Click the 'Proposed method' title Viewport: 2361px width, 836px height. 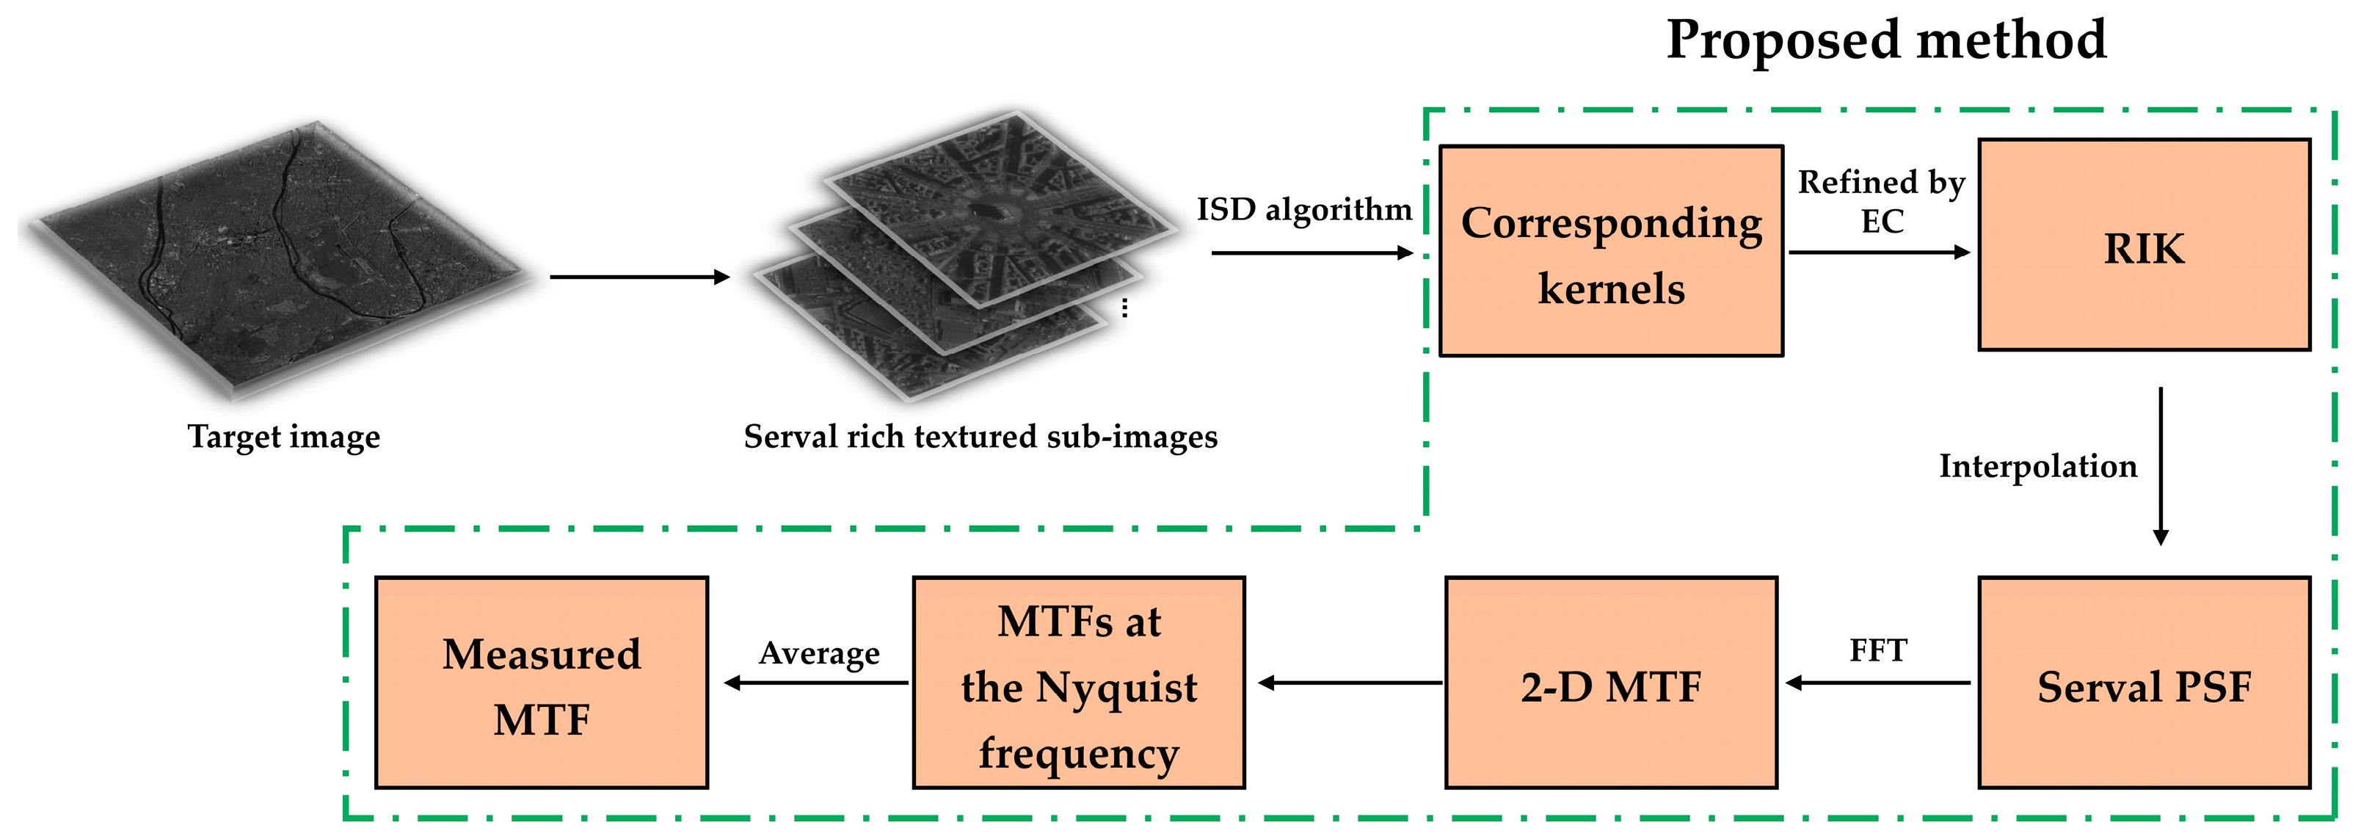pos(1885,40)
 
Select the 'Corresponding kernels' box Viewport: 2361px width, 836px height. pos(1610,251)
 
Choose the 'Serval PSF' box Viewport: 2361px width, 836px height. pos(2143,683)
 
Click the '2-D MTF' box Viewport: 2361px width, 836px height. pos(1610,683)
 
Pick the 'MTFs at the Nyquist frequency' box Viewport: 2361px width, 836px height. pos(1078,683)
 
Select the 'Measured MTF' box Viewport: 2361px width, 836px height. pos(541,683)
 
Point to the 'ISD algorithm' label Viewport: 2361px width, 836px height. pos(1303,210)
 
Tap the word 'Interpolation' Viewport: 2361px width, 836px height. pos(2037,467)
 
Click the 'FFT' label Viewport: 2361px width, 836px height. pos(1878,651)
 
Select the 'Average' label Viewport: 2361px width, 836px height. pos(818,653)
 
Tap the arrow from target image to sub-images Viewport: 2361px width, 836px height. pos(639,277)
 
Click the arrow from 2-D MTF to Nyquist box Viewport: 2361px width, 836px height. pos(1350,683)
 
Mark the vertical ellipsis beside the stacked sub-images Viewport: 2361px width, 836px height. pos(1124,308)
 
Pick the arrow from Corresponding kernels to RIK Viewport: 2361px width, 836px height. pos(1879,252)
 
